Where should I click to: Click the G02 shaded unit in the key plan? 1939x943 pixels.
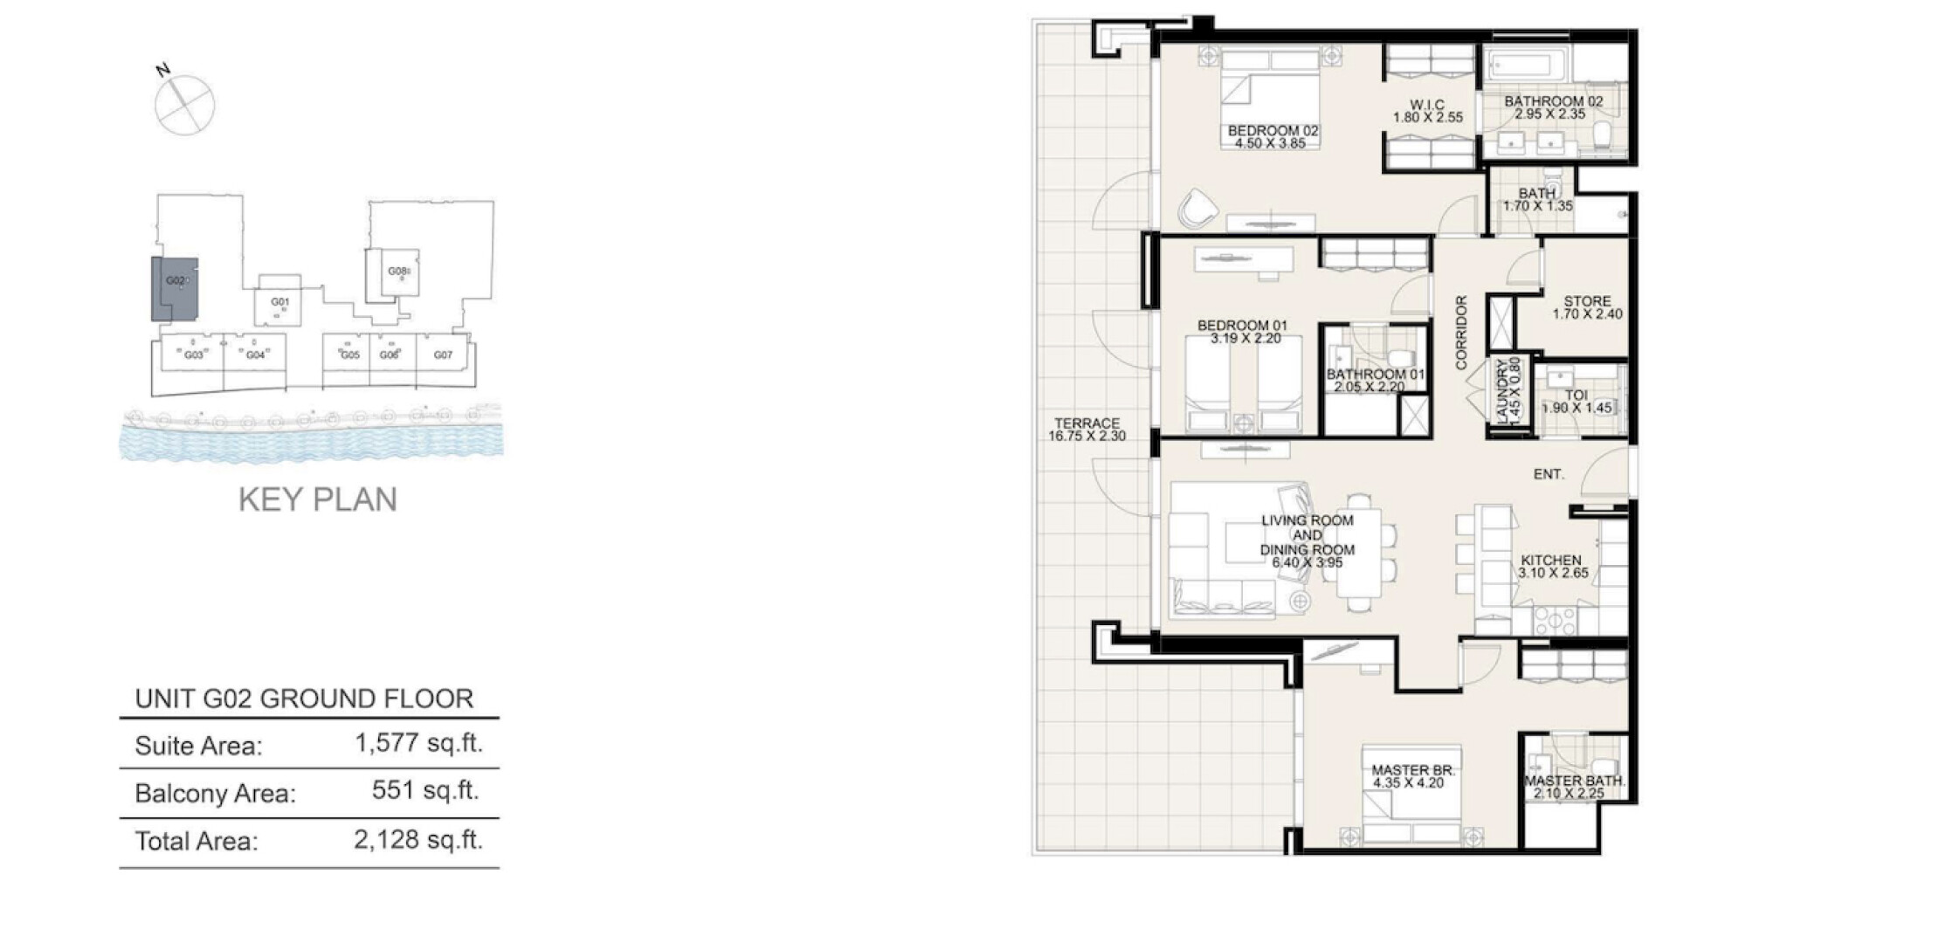[175, 289]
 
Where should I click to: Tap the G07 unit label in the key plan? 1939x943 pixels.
[444, 355]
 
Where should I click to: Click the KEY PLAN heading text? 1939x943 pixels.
[318, 499]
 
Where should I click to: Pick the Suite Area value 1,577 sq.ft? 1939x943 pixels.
[418, 743]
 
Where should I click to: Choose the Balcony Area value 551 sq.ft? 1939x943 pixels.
[425, 790]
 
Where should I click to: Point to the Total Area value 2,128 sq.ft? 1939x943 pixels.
[418, 840]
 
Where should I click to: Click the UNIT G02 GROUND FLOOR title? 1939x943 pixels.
[304, 699]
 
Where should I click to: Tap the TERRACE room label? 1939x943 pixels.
[1087, 423]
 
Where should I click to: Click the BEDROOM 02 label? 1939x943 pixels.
[1273, 131]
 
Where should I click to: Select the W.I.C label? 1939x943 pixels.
[1427, 105]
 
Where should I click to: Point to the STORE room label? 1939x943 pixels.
[1587, 301]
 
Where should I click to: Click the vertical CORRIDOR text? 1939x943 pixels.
[1461, 333]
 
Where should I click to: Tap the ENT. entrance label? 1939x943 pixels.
[1549, 474]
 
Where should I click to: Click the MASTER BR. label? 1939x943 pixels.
[1412, 771]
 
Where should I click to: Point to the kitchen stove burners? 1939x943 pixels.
[1555, 621]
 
